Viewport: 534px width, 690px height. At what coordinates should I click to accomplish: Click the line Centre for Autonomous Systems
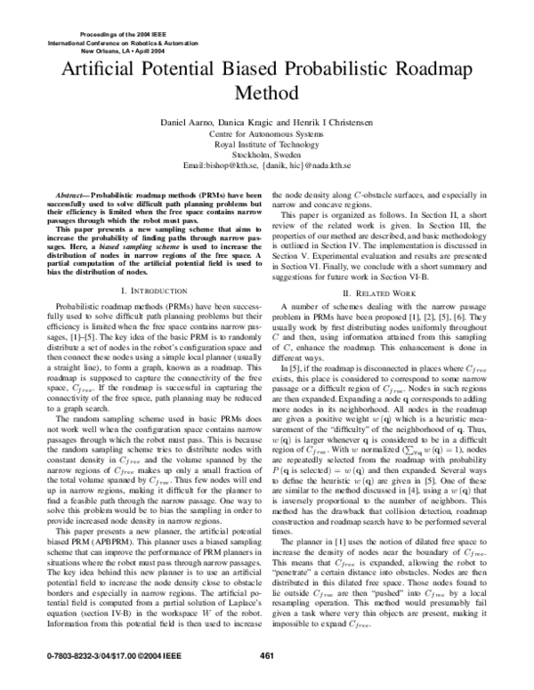(267, 132)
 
